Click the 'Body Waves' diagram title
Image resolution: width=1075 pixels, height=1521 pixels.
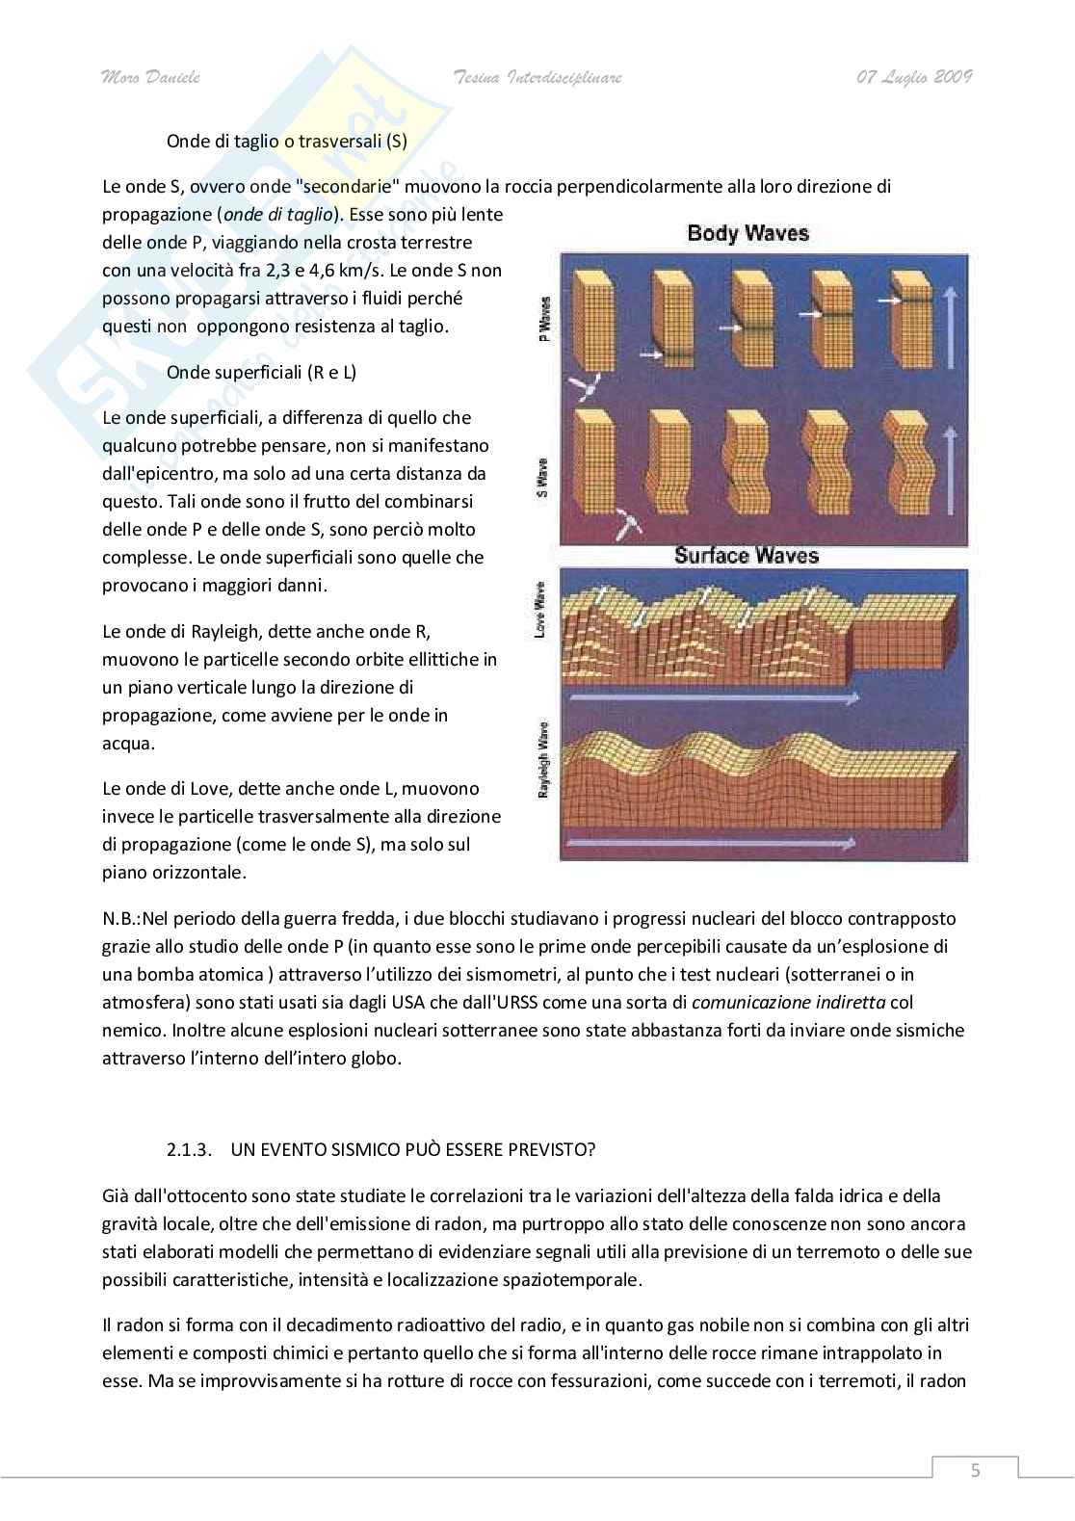[x=747, y=233]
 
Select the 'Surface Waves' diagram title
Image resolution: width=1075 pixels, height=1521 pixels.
[x=747, y=555]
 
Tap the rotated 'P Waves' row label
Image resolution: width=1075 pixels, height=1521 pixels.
[x=545, y=320]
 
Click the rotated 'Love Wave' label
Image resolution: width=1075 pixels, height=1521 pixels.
[x=540, y=610]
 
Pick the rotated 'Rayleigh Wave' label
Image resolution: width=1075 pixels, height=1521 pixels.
[x=542, y=760]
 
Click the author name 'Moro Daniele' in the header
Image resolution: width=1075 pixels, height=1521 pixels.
[x=150, y=78]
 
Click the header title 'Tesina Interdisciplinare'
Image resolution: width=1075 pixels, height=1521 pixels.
[x=537, y=78]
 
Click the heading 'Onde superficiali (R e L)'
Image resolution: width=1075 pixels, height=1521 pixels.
[x=261, y=372]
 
